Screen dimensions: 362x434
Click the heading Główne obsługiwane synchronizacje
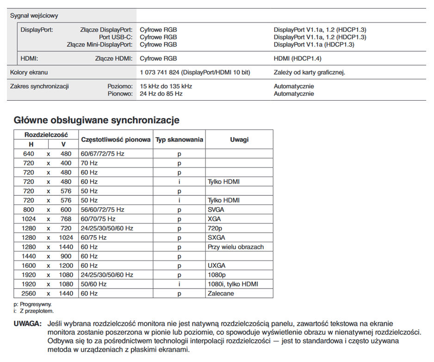point(97,121)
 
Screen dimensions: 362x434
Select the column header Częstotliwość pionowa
point(116,139)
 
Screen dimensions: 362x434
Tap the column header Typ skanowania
point(179,139)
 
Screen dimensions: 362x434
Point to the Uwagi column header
point(239,139)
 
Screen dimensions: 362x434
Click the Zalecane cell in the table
point(221,294)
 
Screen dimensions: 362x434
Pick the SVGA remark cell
point(216,210)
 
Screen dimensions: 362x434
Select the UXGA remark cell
point(216,265)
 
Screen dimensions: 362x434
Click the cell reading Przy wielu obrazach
point(236,247)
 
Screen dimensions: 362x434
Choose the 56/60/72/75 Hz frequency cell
point(103,210)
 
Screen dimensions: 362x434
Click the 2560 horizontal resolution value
point(29,294)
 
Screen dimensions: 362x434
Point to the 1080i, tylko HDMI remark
point(233,284)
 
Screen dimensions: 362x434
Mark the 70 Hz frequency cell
point(89,163)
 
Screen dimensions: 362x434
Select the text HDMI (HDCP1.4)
point(298,59)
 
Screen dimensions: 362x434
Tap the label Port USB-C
point(116,37)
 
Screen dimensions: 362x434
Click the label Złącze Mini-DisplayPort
point(99,45)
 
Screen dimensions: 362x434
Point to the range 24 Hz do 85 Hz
point(161,94)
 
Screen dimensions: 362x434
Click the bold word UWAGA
point(28,324)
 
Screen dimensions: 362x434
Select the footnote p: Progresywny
point(33,304)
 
